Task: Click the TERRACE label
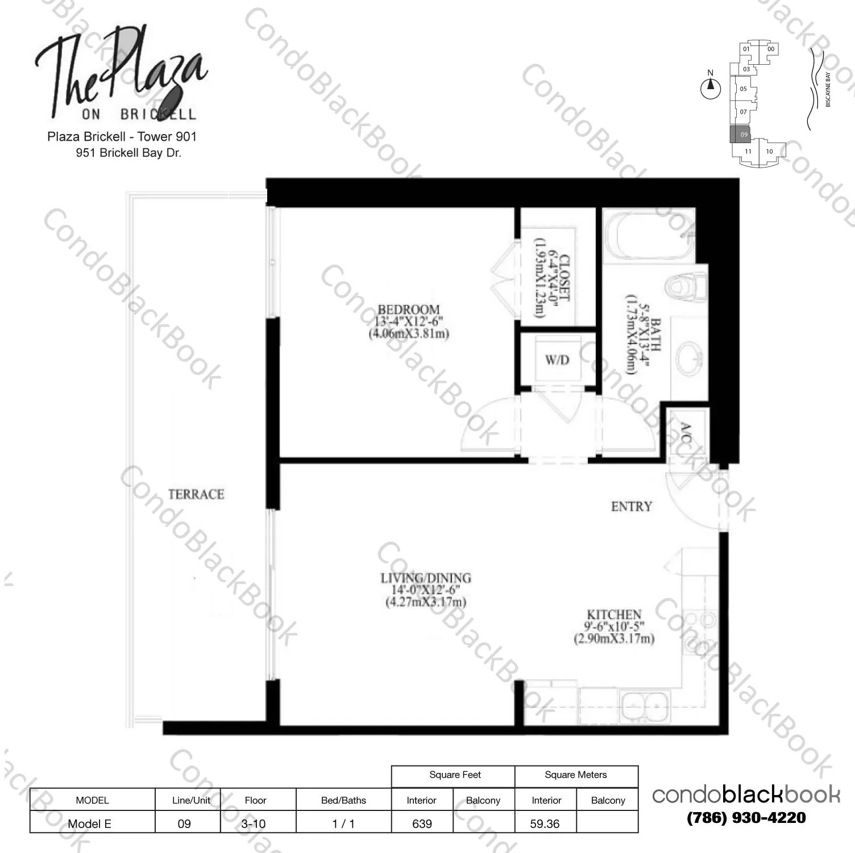tap(196, 494)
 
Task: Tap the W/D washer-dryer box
tap(557, 360)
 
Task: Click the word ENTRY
tap(632, 506)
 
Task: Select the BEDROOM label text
tap(409, 310)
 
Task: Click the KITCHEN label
tap(614, 614)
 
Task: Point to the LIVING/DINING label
tap(426, 578)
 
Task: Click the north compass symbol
tap(710, 87)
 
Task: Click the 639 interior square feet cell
tap(422, 823)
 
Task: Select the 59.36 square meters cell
tap(545, 823)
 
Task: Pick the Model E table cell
tap(90, 823)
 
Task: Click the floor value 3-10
tap(254, 823)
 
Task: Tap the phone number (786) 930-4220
tap(746, 818)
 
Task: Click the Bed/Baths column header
tap(343, 800)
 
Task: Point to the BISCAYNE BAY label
tap(828, 90)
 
